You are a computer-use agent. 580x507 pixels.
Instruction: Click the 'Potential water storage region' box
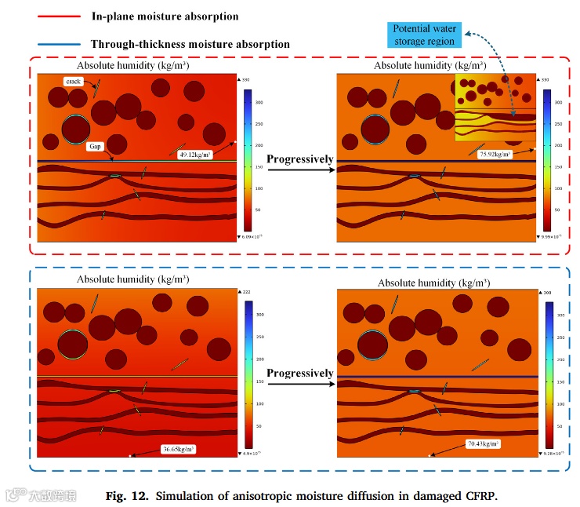click(x=422, y=35)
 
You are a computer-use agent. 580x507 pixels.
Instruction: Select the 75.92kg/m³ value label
click(x=495, y=155)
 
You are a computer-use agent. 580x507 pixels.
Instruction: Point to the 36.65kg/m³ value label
click(x=178, y=449)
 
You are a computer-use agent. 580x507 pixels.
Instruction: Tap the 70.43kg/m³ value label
click(x=482, y=443)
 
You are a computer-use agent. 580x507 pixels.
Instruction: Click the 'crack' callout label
click(x=74, y=81)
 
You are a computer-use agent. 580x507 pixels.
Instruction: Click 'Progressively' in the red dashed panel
click(x=300, y=159)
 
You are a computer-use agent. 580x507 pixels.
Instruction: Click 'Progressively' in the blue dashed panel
click(x=300, y=373)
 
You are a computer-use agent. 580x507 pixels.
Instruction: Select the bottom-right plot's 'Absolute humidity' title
click(x=434, y=283)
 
